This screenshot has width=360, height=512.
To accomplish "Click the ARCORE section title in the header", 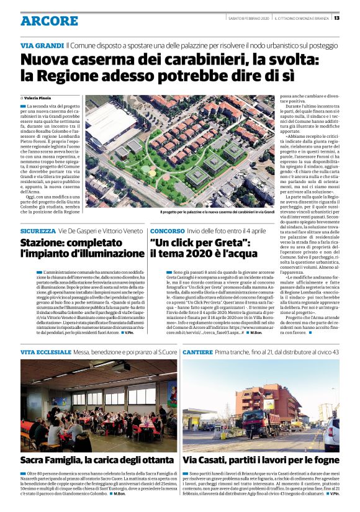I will click(49, 20).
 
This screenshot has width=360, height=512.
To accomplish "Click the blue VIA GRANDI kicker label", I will click(42, 46).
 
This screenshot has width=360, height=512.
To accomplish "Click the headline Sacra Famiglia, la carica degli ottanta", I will click(97, 460).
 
